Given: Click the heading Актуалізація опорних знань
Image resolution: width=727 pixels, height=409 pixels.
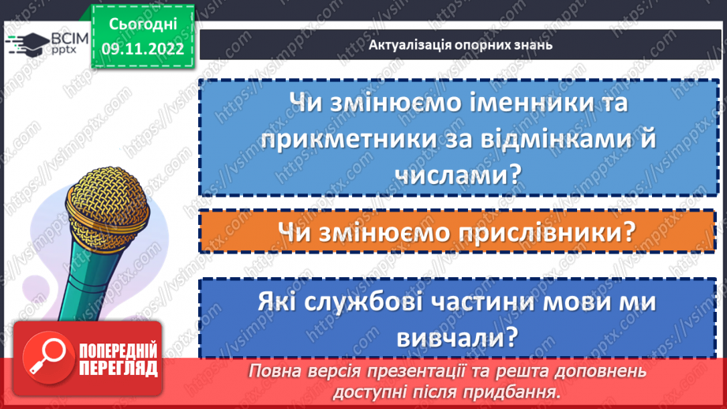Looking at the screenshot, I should tap(459, 44).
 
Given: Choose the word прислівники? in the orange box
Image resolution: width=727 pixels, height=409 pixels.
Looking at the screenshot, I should tap(529, 232).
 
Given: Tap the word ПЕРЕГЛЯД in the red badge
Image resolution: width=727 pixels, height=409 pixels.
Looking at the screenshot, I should tap(118, 368).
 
